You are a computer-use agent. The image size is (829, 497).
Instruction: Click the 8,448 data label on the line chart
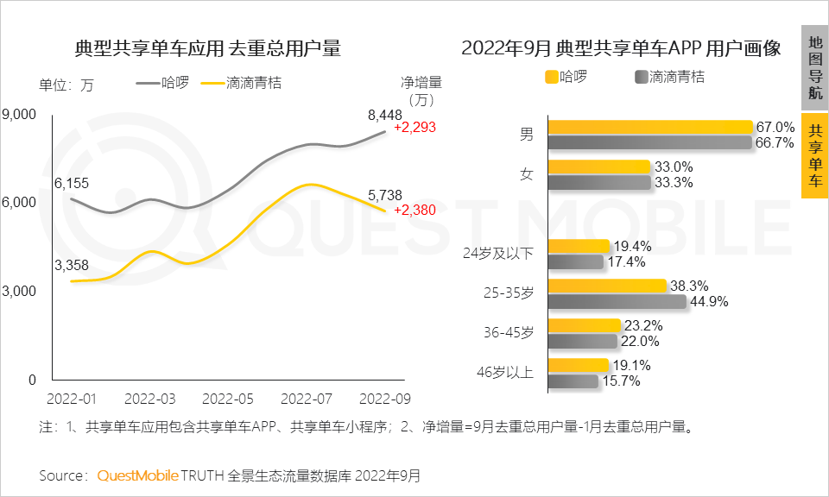[385, 114]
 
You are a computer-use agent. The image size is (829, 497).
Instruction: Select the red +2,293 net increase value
[414, 128]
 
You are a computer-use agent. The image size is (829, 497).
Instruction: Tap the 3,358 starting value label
[72, 265]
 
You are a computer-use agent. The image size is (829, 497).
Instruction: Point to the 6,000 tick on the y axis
[19, 202]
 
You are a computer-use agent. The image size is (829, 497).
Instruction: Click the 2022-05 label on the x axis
[229, 399]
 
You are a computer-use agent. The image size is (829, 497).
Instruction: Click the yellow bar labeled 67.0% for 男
[650, 127]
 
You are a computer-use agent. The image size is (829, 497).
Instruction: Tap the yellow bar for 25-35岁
[607, 286]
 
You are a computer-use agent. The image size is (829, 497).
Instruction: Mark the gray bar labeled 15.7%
[573, 381]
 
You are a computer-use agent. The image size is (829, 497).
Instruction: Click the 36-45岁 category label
[509, 332]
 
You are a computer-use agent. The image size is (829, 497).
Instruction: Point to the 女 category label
[526, 173]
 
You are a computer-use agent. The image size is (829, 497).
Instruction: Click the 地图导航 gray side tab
[814, 67]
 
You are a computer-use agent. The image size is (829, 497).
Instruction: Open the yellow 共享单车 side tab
[814, 155]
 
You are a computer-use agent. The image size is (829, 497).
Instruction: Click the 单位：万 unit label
[66, 85]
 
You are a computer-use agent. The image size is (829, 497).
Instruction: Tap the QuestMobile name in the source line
[138, 475]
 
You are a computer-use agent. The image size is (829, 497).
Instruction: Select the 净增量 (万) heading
[421, 91]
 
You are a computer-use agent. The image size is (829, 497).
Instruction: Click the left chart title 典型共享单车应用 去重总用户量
[208, 47]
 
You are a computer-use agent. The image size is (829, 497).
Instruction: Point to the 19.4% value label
[630, 246]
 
